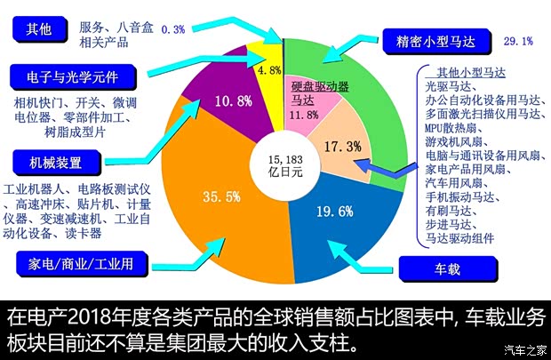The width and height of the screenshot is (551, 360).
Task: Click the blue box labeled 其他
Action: pos(40,28)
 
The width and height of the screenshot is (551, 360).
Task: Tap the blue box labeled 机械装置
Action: pos(55,163)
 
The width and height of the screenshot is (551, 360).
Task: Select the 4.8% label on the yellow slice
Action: pos(268,70)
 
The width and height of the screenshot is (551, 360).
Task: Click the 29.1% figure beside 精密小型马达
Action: pos(518,41)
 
